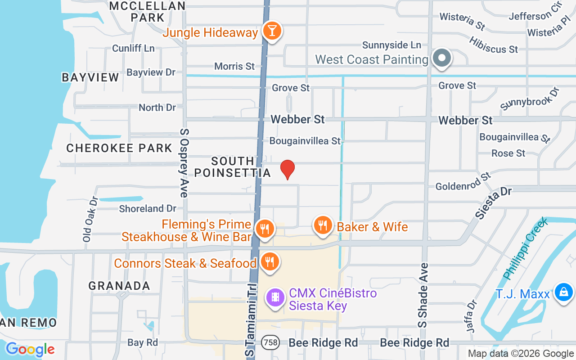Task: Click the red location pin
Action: coord(288,169)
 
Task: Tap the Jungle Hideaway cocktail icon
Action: coord(272,31)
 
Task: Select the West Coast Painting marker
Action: coord(442,58)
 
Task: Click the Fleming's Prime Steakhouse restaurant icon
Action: coord(265,229)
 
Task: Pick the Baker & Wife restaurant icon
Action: coord(322,225)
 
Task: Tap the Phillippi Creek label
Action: coord(525,248)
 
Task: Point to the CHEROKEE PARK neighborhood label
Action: coord(119,148)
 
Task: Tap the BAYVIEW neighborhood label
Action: coord(90,77)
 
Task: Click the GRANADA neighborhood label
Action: coord(119,286)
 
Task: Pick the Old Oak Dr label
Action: coord(87,219)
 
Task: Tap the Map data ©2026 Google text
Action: coord(520,354)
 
